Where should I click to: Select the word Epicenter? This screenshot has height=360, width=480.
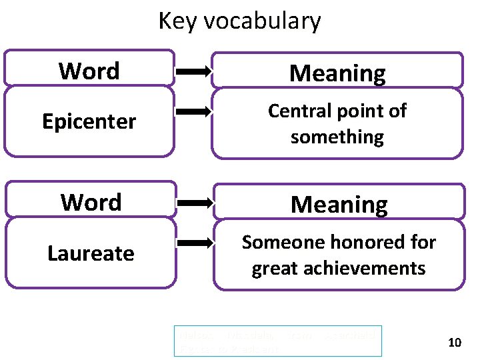pos(89,121)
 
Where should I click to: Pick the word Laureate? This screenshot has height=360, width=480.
pos(91,253)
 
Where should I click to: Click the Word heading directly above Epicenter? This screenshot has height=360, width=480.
pos(89,71)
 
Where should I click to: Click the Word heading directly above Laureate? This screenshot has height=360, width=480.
pos(91,202)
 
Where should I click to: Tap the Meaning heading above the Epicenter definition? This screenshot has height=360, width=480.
pos(337,73)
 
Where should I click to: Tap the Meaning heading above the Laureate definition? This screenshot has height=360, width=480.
pos(339,204)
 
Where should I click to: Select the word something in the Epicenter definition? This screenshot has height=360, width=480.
pos(337,137)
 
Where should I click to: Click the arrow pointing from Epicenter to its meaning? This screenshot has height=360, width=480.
pos(194,113)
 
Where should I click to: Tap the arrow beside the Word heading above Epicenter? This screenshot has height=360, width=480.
pos(194,69)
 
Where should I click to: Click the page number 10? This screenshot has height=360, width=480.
pos(455,343)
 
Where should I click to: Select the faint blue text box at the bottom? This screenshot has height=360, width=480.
pos(277,341)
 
